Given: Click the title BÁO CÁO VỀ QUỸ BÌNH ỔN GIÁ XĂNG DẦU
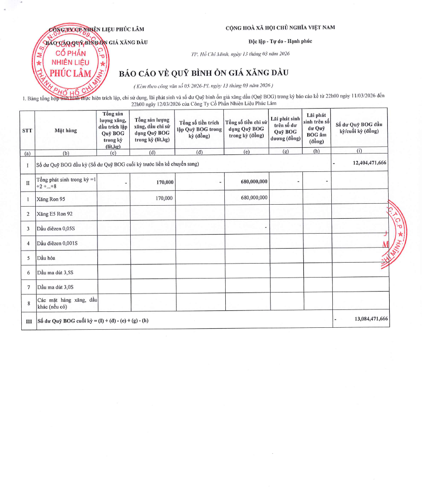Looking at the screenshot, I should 204,73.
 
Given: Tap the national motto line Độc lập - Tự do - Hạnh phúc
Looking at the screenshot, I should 280,41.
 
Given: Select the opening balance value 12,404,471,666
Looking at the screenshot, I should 369,163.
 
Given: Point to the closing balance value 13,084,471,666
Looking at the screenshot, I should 370,319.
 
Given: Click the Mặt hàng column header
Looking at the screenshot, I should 66,130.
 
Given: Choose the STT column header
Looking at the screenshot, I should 27,130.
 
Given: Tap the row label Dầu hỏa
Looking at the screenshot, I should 46,258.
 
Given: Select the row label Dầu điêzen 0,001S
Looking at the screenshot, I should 57,243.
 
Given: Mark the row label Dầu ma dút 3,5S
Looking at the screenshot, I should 55,273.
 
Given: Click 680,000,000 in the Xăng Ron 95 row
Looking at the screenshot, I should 254,198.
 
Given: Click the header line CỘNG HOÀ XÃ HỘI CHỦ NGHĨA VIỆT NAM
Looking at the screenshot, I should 280,28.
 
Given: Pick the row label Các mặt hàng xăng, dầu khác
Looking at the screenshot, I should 67,303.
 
